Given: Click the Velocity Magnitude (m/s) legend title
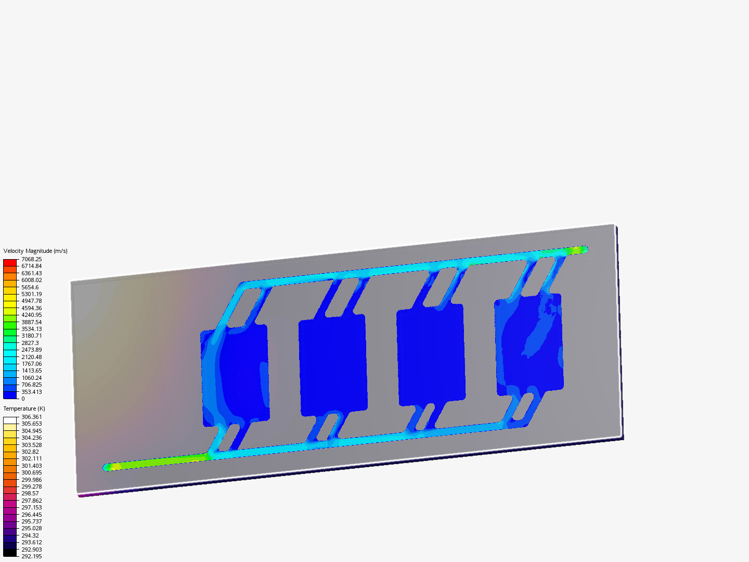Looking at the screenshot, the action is click(x=35, y=251).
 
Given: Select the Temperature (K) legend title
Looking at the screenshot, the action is click(x=24, y=408).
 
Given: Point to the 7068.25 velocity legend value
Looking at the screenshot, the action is click(x=31, y=259).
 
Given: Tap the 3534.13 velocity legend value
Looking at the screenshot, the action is click(x=31, y=329).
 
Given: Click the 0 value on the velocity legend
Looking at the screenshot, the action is click(x=23, y=399).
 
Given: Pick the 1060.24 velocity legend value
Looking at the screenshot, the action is click(x=31, y=378).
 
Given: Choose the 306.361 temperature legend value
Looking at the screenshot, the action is click(x=31, y=417).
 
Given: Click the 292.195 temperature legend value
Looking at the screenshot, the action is click(x=31, y=556).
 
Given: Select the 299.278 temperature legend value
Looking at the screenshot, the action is click(x=31, y=487).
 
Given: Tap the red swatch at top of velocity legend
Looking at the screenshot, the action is click(x=10, y=263).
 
